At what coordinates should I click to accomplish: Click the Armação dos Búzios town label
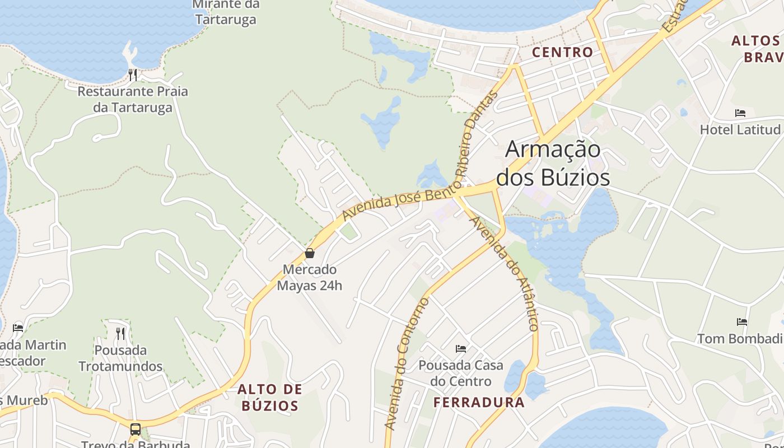[x=553, y=164]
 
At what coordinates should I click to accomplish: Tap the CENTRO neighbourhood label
[x=562, y=52]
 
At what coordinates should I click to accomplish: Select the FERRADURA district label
[x=479, y=402]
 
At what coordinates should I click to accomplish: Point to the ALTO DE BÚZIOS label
[x=270, y=397]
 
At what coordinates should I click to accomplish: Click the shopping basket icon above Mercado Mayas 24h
[x=310, y=253]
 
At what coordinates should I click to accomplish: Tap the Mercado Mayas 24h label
[x=310, y=277]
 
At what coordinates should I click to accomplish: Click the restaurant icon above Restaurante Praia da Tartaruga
[x=133, y=74]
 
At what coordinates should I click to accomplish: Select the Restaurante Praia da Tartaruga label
[x=133, y=99]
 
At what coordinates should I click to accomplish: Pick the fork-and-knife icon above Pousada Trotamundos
[x=120, y=334]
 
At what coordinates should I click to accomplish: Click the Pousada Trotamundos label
[x=120, y=358]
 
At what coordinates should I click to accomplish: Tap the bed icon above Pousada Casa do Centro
[x=461, y=349]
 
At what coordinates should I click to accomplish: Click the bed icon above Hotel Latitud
[x=740, y=113]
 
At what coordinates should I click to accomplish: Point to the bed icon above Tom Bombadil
[x=743, y=322]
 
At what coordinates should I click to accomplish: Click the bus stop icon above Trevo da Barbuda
[x=136, y=430]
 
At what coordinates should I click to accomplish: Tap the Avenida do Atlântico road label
[x=505, y=273]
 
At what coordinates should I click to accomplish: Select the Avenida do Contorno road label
[x=407, y=364]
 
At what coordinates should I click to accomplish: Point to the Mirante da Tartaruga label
[x=226, y=12]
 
